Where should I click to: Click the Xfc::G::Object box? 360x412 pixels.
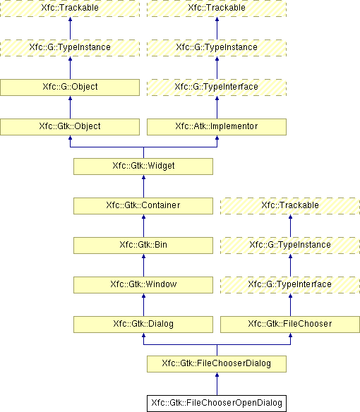70,87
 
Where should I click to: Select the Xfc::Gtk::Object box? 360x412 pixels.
70,127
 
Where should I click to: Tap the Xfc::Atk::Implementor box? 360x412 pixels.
217,127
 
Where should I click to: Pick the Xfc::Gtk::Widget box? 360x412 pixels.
143,166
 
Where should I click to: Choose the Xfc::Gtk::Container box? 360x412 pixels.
143,206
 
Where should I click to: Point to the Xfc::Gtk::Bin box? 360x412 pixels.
143,246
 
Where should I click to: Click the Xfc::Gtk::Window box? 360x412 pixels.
143,285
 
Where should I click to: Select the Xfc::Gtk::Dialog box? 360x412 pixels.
143,325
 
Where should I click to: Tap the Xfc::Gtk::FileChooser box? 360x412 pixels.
290,325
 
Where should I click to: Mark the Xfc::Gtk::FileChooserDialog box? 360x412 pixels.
217,364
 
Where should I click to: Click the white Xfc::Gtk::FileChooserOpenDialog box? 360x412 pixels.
217,404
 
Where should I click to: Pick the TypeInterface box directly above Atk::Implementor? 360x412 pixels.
217,87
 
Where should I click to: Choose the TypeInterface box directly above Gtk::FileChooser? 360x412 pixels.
290,285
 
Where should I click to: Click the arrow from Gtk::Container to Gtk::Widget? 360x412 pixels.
143,186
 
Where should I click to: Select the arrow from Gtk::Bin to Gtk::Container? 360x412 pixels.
143,226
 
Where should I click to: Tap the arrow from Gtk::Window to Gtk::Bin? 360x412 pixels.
143,265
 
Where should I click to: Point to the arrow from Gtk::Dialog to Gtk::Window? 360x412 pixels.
143,305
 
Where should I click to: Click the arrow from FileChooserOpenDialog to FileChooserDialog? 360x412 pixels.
217,384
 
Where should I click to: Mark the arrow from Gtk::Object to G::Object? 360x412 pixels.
70,107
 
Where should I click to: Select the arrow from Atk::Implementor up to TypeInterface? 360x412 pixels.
217,107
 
